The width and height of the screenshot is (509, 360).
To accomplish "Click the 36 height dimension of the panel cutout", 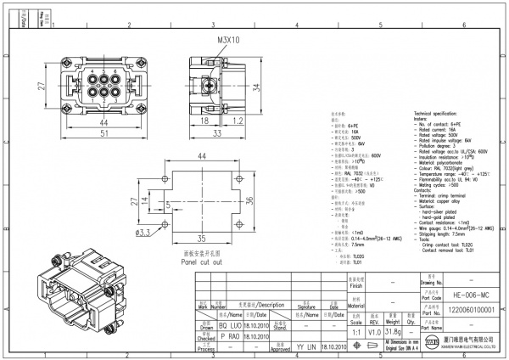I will pyautogui.click(x=249, y=200).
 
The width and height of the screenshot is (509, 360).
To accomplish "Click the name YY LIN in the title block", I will pyautogui.click(x=305, y=347).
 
